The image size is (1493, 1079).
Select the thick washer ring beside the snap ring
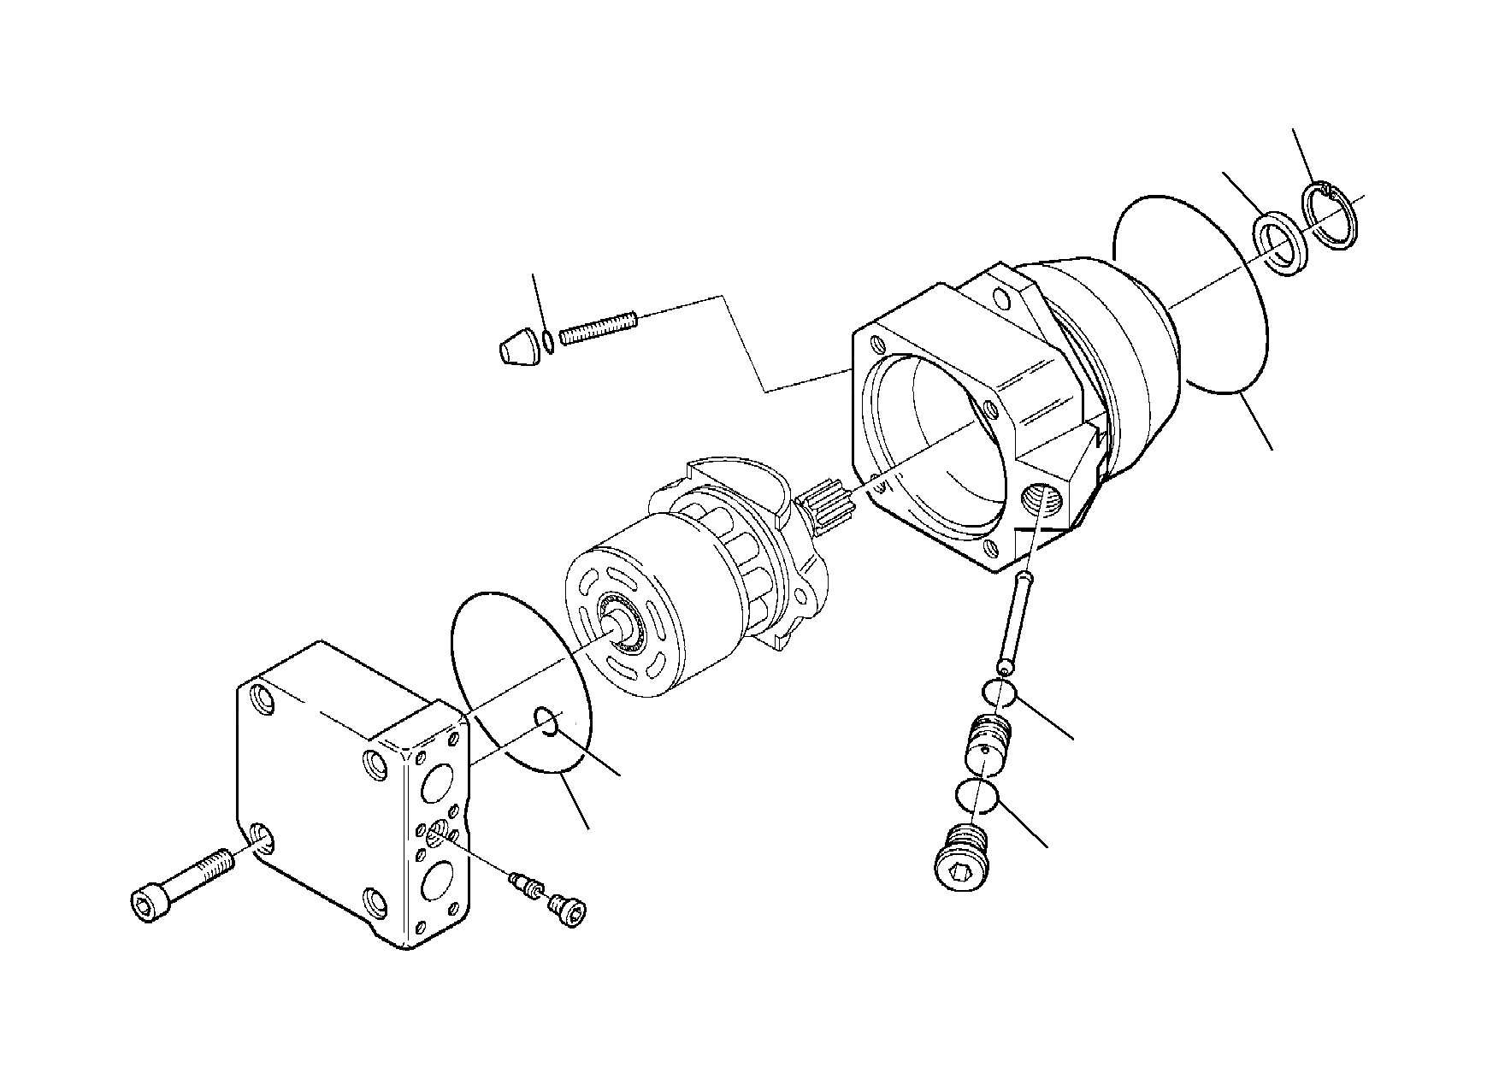click(1279, 248)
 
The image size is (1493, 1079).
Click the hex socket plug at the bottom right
click(961, 858)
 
